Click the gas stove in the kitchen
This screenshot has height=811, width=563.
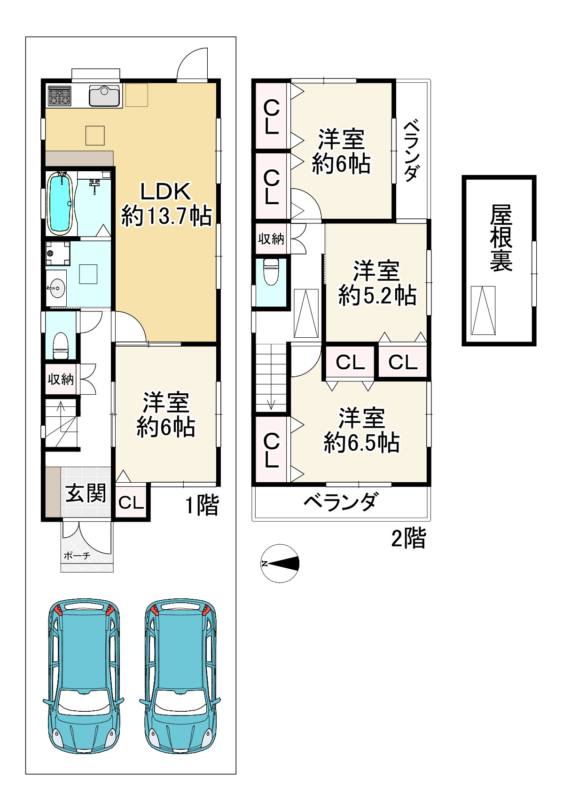click(59, 96)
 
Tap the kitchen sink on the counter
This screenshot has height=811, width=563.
click(104, 96)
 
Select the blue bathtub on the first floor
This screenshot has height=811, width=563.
click(60, 203)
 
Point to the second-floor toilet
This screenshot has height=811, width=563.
click(271, 271)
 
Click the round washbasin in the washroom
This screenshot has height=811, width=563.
click(55, 287)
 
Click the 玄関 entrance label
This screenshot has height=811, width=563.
click(86, 493)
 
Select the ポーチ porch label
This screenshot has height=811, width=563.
click(77, 556)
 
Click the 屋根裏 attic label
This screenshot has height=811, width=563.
click(500, 238)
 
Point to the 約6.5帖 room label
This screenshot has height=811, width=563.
click(362, 430)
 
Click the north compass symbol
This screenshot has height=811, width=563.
click(280, 564)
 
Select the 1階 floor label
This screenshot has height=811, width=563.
click(202, 505)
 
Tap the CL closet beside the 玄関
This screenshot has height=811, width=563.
click(131, 502)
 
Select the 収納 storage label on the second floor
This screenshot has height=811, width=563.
click(271, 239)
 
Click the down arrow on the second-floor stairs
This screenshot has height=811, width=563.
click(271, 403)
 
